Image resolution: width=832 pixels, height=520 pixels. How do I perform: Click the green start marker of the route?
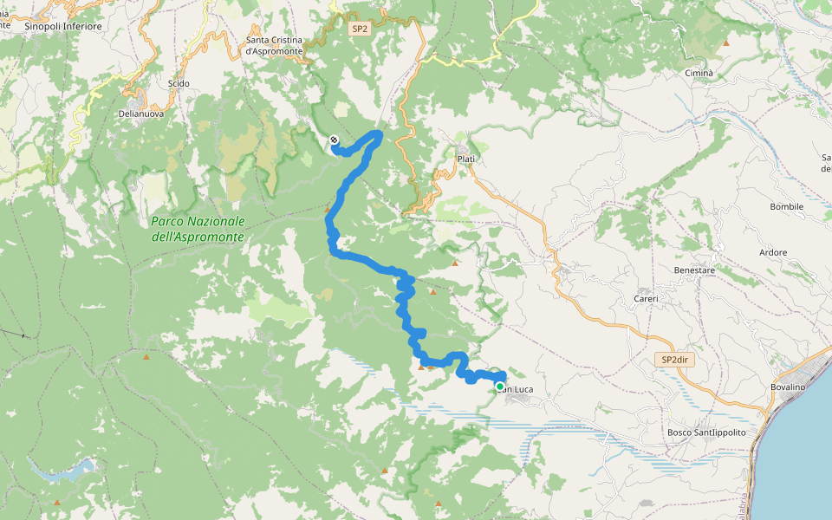500,387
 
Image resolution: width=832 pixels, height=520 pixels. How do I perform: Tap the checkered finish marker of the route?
334,140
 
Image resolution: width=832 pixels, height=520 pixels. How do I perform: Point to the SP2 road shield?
360,29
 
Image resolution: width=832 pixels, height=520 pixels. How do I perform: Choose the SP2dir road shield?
673,358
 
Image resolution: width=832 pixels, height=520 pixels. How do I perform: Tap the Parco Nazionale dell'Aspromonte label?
198,229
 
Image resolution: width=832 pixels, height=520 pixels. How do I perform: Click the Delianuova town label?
140,114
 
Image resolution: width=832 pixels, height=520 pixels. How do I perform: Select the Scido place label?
179,84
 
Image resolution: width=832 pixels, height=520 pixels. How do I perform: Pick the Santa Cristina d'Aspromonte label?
275,46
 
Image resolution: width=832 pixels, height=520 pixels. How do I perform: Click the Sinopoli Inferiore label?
63,27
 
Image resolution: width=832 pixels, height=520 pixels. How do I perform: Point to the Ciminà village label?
699,74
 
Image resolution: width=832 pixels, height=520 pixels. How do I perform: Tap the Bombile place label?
786,207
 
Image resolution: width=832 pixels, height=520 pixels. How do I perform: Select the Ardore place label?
773,253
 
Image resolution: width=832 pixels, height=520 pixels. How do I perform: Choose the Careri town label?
645,299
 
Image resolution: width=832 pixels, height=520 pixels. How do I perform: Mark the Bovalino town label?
788,387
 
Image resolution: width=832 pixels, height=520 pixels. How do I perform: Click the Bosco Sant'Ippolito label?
706,432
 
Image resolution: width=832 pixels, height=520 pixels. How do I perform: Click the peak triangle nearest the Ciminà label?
726,42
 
